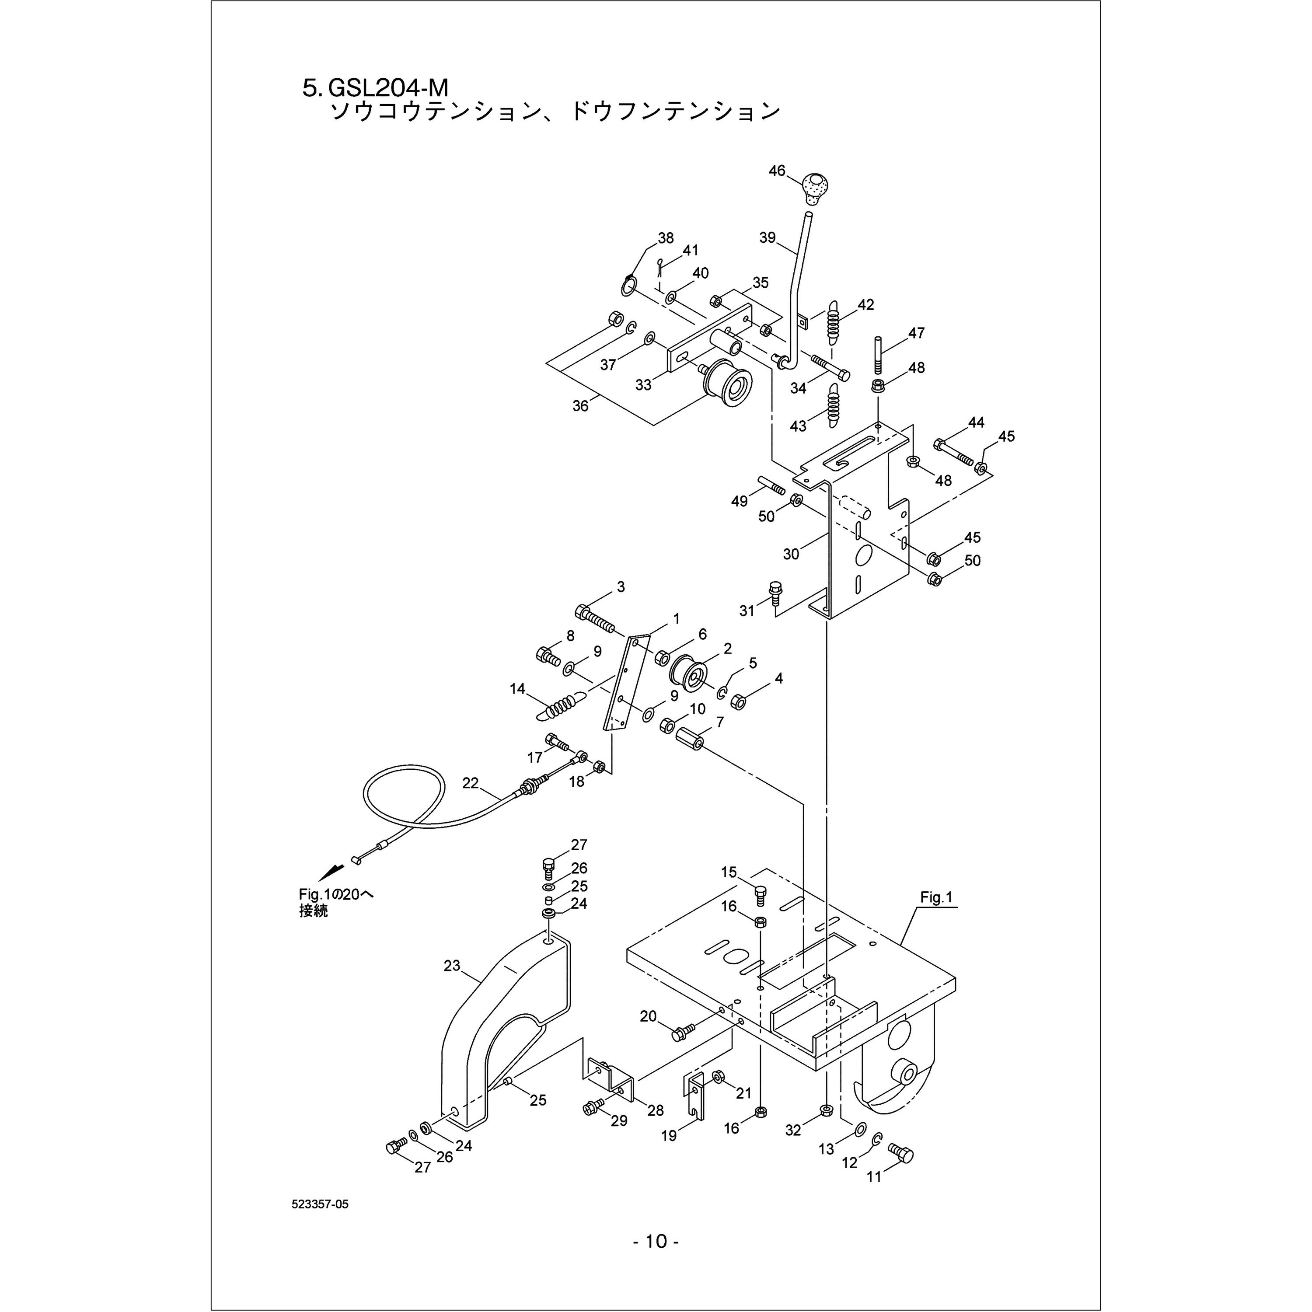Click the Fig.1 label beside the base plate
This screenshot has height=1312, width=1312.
click(x=936, y=898)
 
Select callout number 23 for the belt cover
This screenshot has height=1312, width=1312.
click(x=452, y=966)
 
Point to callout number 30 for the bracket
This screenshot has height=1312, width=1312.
click(x=791, y=554)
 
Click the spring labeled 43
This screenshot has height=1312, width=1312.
click(x=834, y=405)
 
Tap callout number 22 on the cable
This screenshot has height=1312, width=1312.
click(x=471, y=783)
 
